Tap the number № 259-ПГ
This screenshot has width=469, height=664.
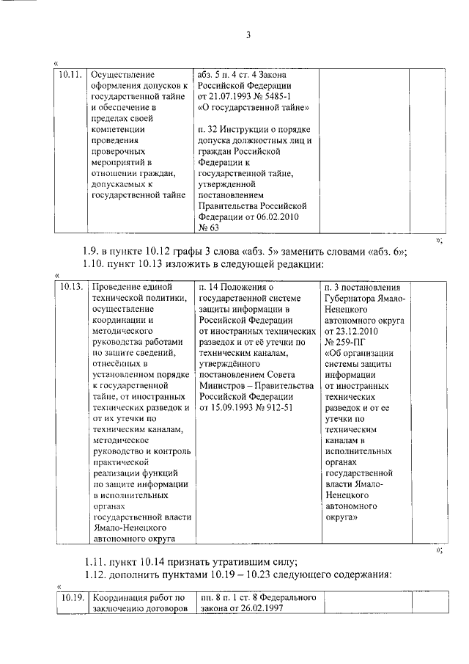tap(344, 340)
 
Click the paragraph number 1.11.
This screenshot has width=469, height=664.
tap(96, 562)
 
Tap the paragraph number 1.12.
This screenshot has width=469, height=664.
tap(96, 575)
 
